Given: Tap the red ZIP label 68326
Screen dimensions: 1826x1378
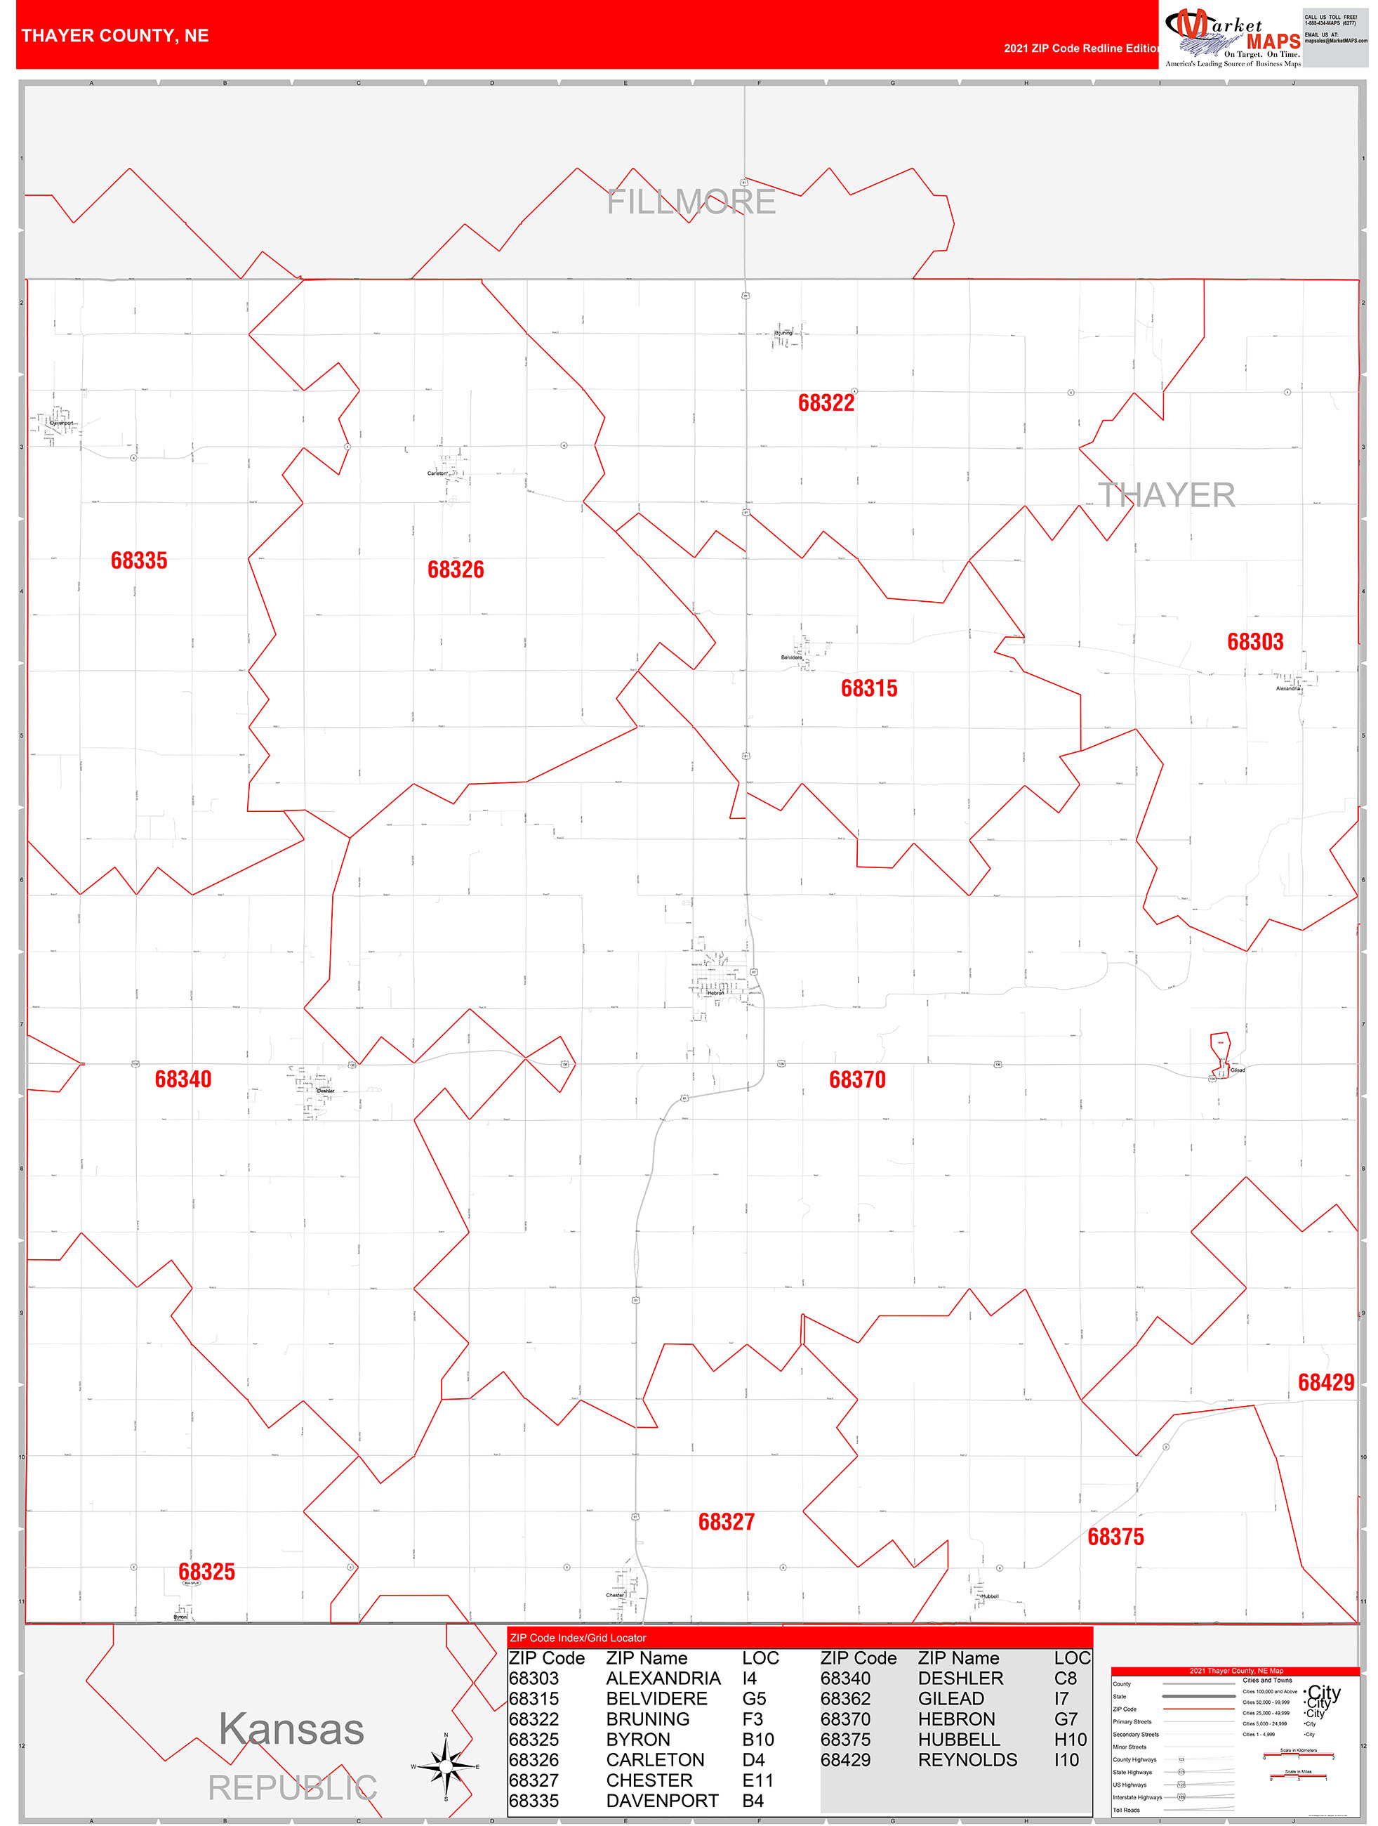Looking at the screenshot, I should (x=456, y=570).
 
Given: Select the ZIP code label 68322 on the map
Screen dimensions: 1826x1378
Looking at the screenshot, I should (x=826, y=403).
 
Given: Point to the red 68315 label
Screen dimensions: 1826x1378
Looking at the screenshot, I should (x=869, y=688).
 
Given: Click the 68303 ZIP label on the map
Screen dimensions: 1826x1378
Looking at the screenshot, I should (x=1255, y=642).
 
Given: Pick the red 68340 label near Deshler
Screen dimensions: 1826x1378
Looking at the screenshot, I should (x=183, y=1079).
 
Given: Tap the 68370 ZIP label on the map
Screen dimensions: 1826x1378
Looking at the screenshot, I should (x=857, y=1079).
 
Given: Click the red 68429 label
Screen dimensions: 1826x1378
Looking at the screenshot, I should (x=1326, y=1383).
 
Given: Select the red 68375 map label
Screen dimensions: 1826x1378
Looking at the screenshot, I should (x=1115, y=1537).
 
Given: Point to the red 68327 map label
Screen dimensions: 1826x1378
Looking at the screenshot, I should (x=726, y=1522).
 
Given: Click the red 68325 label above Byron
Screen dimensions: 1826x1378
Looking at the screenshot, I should (x=206, y=1572).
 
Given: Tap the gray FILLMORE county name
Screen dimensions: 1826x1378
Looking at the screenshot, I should (x=691, y=202).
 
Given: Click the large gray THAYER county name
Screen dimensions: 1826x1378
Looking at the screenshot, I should (x=1166, y=495).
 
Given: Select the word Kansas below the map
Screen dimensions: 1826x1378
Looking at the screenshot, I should (x=291, y=1729).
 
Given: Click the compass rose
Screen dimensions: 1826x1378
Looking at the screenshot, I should (x=446, y=1766).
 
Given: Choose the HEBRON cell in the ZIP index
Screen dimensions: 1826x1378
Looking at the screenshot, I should (x=956, y=1719).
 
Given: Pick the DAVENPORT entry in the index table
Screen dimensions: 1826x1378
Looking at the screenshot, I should (x=662, y=1801).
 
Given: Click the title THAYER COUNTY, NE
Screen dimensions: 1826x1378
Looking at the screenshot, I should (x=116, y=37).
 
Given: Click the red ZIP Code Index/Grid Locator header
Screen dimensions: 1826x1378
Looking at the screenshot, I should (x=578, y=1638).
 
